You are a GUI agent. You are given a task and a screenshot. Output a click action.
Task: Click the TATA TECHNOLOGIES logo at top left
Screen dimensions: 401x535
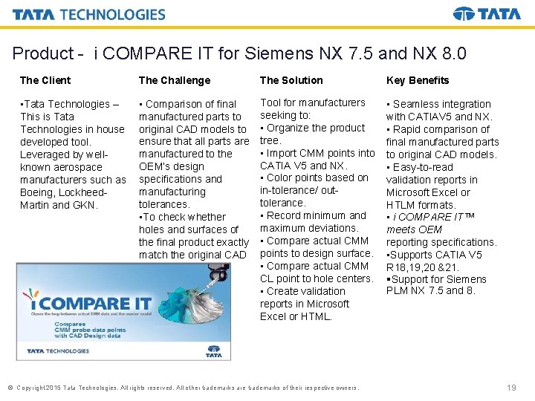tap(89, 15)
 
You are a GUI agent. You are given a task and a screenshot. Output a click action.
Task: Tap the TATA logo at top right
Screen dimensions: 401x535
tap(487, 14)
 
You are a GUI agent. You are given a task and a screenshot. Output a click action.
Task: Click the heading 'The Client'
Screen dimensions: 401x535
tap(45, 80)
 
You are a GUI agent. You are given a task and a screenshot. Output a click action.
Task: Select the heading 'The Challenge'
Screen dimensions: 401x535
tap(175, 80)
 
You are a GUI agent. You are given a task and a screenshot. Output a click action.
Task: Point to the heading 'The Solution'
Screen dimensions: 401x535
tap(291, 80)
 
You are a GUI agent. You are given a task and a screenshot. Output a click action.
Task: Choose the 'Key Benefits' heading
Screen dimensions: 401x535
tap(418, 80)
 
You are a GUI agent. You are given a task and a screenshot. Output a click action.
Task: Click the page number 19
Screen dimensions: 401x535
tap(510, 388)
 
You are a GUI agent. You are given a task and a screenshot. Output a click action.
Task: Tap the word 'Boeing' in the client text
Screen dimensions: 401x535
tap(36, 192)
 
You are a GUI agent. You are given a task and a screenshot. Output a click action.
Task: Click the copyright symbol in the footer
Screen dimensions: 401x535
tap(10, 388)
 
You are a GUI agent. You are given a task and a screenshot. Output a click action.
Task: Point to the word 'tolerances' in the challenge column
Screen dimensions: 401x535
tap(163, 204)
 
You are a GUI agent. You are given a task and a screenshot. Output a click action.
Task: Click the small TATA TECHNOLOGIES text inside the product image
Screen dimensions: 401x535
tap(58, 351)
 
